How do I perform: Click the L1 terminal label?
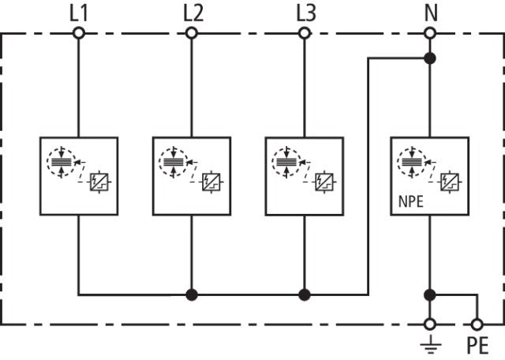[79, 13]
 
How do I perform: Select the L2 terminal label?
[192, 13]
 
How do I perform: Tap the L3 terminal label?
[305, 13]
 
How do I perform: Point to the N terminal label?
[430, 13]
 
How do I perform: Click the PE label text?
[478, 346]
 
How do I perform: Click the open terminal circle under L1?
[79, 33]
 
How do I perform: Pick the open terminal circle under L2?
[192, 33]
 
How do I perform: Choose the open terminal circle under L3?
[305, 33]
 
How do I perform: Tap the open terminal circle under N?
[430, 33]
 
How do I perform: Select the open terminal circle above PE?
[477, 324]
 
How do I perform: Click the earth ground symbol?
[430, 343]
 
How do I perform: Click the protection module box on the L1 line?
[79, 176]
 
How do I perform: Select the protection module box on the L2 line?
[192, 176]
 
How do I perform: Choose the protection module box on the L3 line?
[305, 176]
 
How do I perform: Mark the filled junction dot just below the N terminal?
[430, 58]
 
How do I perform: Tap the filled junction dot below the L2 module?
[192, 295]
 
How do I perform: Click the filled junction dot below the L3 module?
[305, 295]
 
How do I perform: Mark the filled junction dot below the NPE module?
[430, 295]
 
